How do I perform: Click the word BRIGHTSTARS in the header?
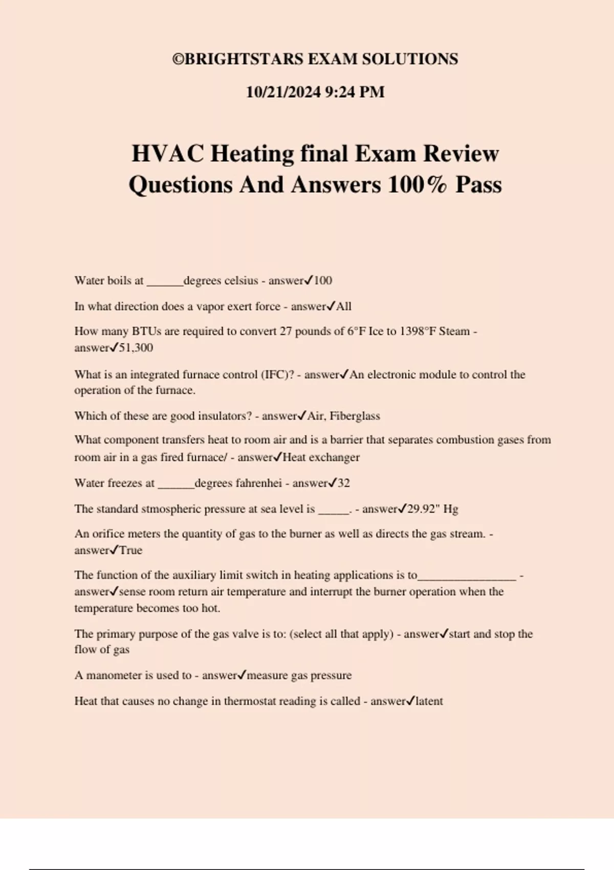[244, 59]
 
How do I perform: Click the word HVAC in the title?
[168, 154]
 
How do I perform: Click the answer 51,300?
[136, 348]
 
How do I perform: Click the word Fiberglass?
[355, 416]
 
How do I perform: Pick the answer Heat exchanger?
[321, 458]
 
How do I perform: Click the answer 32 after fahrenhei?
[343, 483]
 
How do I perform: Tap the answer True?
[131, 551]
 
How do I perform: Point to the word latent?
[429, 701]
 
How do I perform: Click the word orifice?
[108, 534]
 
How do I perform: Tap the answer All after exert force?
[343, 307]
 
